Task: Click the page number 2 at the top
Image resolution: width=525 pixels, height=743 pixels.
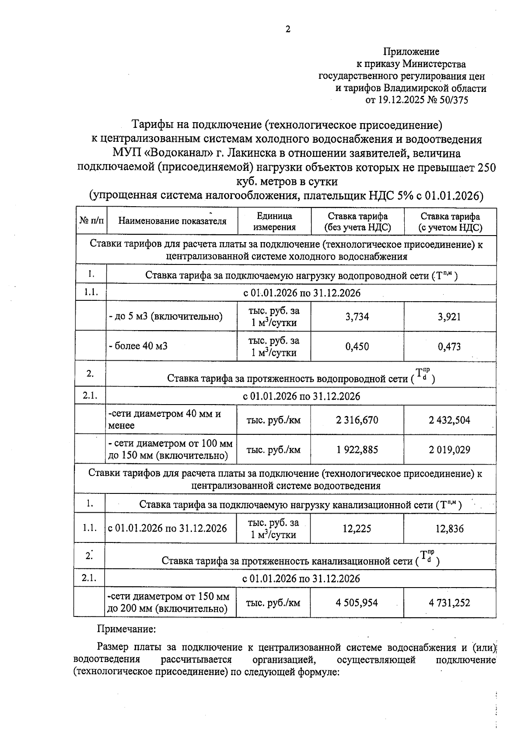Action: (x=287, y=29)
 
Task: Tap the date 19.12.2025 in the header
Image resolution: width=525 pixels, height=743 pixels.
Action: (x=400, y=100)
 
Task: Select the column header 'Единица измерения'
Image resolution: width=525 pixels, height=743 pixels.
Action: (x=274, y=221)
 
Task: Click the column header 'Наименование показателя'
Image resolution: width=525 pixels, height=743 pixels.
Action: (x=172, y=221)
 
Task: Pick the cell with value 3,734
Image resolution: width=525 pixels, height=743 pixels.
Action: (x=357, y=317)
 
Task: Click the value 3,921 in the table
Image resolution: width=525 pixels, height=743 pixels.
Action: (x=449, y=317)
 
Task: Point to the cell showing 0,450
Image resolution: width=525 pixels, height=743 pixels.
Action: (x=357, y=346)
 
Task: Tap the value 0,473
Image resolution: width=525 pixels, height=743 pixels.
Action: (x=449, y=346)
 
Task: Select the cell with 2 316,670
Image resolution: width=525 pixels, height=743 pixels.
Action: (x=357, y=420)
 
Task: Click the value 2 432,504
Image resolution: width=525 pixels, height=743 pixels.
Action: (x=449, y=420)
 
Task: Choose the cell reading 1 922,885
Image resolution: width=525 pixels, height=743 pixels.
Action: (x=357, y=450)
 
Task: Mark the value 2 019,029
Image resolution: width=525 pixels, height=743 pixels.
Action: (x=449, y=450)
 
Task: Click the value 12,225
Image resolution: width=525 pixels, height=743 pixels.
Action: (x=357, y=528)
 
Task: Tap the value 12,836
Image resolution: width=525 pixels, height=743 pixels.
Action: (x=449, y=528)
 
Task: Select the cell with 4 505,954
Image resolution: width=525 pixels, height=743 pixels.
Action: (x=357, y=602)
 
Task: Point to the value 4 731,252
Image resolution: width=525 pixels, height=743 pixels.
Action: (x=449, y=602)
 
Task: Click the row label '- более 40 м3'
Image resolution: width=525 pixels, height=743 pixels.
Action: (x=138, y=346)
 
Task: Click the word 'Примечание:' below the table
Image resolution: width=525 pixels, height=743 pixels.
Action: (x=126, y=629)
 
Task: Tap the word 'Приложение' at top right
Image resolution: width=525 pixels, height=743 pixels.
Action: (x=411, y=52)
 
